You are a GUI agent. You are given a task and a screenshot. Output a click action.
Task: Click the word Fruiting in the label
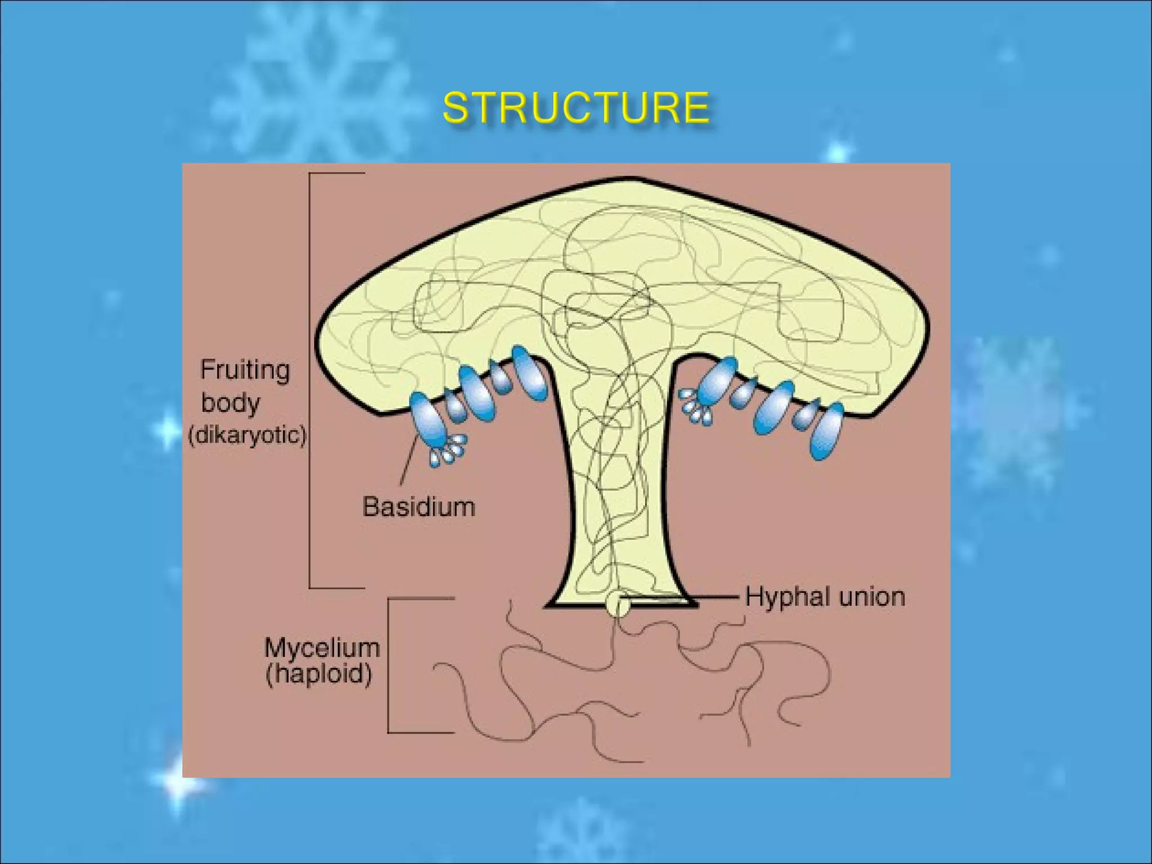pyautogui.click(x=245, y=370)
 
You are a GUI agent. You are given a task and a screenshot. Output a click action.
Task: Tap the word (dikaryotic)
pyautogui.click(x=247, y=435)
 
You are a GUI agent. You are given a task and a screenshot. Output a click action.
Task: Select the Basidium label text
pyautogui.click(x=418, y=507)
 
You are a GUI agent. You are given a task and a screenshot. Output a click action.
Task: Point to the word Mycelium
pyautogui.click(x=322, y=648)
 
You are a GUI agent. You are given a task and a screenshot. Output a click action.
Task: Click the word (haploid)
pyautogui.click(x=318, y=674)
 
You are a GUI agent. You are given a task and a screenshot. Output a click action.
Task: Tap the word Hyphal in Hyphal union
pyautogui.click(x=782, y=597)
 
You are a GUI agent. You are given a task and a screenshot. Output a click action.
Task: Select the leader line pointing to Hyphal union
pyautogui.click(x=686, y=597)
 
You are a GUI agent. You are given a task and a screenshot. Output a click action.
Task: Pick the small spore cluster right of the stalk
pyautogui.click(x=695, y=406)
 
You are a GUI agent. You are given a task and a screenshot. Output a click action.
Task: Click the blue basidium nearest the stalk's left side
pyautogui.click(x=529, y=372)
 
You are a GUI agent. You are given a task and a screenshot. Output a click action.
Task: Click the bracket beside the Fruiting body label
pyautogui.click(x=310, y=380)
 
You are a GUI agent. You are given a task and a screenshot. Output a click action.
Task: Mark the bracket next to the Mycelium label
pyautogui.click(x=389, y=665)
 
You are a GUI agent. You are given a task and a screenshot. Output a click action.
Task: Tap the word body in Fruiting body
pyautogui.click(x=231, y=403)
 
